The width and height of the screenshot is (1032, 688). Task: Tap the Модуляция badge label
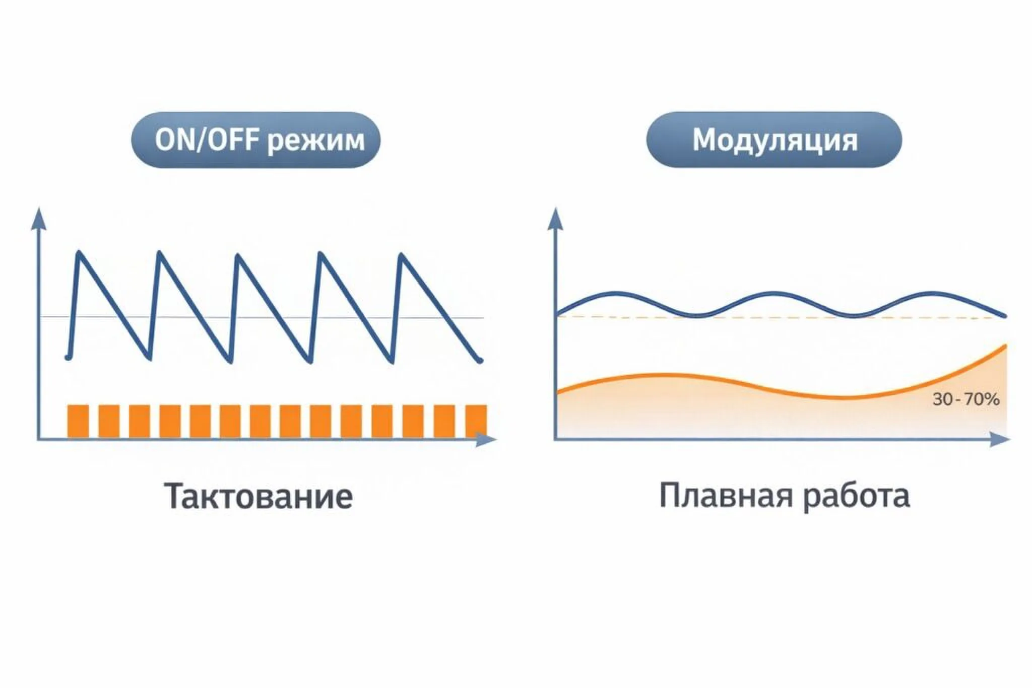pyautogui.click(x=775, y=141)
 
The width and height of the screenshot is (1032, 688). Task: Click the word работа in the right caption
pyautogui.click(x=857, y=497)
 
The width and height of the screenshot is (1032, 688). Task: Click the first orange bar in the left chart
pyautogui.click(x=78, y=421)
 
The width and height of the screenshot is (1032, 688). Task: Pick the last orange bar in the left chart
pyautogui.click(x=476, y=421)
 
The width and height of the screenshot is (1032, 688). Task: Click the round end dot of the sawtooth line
pyautogui.click(x=480, y=360)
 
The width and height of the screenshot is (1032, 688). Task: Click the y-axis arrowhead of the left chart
pyautogui.click(x=38, y=218)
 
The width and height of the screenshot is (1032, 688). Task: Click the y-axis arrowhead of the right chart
pyautogui.click(x=555, y=218)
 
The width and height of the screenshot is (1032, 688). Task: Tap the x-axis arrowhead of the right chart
pyautogui.click(x=1000, y=440)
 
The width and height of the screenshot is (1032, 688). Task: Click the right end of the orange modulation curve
pyautogui.click(x=1006, y=346)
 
